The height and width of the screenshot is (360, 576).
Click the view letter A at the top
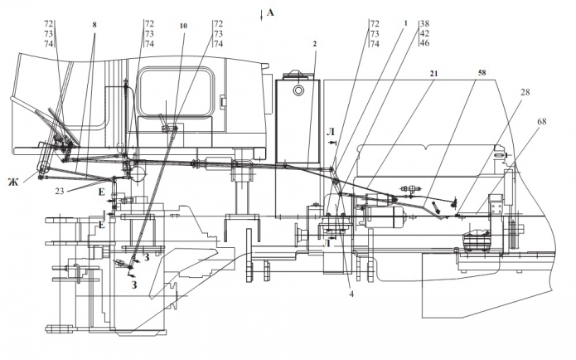(270, 13)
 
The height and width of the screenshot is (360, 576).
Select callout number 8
(94, 25)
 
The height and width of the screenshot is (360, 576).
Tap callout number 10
(183, 26)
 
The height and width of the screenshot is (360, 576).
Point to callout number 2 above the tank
(315, 44)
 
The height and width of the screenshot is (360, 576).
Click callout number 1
(406, 23)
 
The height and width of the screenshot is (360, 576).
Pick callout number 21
(433, 74)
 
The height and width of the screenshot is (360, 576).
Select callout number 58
(482, 73)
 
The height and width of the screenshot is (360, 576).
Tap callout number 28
(525, 92)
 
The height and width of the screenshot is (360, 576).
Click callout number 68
(541, 121)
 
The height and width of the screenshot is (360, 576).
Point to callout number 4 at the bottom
(351, 294)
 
